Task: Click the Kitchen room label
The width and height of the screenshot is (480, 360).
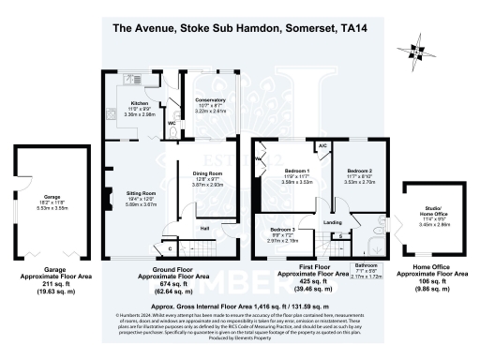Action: (139, 103)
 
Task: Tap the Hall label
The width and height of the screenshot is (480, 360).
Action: (203, 226)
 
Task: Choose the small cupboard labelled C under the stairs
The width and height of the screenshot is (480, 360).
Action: (170, 247)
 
